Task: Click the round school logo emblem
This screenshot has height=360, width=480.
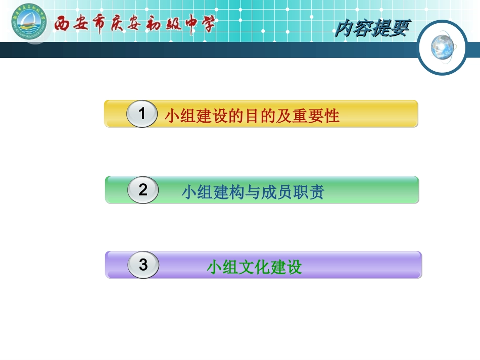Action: pyautogui.click(x=28, y=22)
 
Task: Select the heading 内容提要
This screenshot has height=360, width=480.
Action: pyautogui.click(x=371, y=29)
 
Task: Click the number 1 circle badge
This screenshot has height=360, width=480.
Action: pyautogui.click(x=142, y=114)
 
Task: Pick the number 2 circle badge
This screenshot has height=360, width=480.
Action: pyautogui.click(x=143, y=190)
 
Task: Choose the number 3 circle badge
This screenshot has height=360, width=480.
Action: pyautogui.click(x=143, y=265)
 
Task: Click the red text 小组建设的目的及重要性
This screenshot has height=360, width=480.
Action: pyautogui.click(x=252, y=116)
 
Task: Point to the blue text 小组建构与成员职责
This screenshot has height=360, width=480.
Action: pyautogui.click(x=252, y=192)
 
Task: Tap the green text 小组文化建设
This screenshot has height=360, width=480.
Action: pyautogui.click(x=254, y=267)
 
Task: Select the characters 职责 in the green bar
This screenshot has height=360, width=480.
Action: pyautogui.click(x=309, y=192)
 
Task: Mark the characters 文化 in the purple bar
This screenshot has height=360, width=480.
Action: pyautogui.click(x=246, y=267)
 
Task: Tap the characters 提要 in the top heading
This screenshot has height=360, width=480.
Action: pyautogui.click(x=390, y=29)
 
